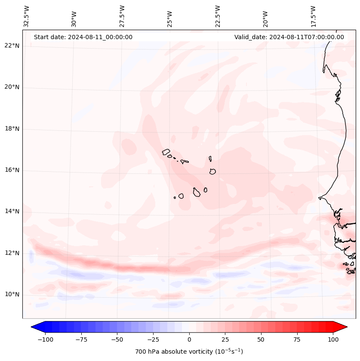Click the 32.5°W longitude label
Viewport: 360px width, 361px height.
[27, 16]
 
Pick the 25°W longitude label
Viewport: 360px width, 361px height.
[170, 16]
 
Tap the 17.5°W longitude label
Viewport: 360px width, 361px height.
[313, 16]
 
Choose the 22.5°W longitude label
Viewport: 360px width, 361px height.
[218, 16]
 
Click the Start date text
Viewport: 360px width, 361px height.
[83, 37]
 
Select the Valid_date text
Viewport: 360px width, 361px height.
[289, 37]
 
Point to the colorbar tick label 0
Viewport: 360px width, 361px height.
[189, 339]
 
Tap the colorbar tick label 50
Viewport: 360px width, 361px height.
[261, 339]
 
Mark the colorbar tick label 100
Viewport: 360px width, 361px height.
[332, 339]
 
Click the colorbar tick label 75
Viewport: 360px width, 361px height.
[297, 339]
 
